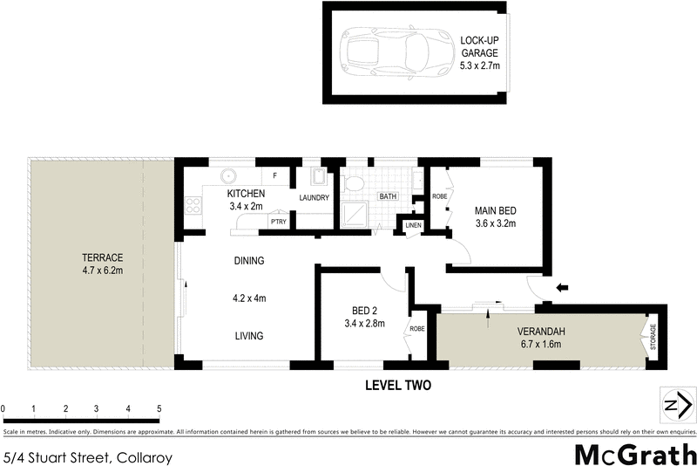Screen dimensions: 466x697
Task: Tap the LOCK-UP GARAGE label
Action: click(479, 45)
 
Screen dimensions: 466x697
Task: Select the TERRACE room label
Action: click(102, 257)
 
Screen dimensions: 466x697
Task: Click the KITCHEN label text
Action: click(247, 193)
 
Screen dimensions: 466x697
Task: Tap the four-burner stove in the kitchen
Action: click(192, 208)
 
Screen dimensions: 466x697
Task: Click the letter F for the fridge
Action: click(275, 176)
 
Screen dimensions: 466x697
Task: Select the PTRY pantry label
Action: click(279, 222)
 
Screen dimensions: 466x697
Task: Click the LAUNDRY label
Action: click(314, 198)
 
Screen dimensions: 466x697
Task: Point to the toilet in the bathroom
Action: click(354, 183)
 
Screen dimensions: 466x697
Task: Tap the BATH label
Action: click(388, 197)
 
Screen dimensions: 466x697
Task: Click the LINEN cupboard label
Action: click(412, 227)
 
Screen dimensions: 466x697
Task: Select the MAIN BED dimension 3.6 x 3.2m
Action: click(495, 223)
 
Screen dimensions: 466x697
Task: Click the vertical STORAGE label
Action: click(653, 338)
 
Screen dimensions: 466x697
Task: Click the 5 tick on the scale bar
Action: click(159, 408)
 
